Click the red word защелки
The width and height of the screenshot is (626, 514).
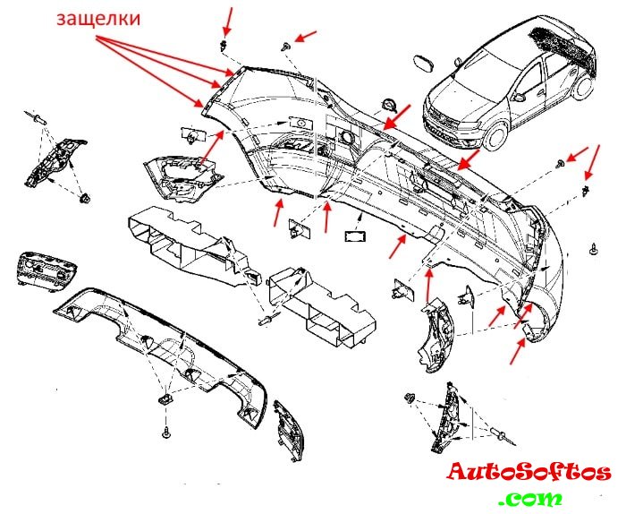[x=98, y=19]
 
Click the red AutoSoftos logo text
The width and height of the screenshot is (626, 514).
[x=529, y=472]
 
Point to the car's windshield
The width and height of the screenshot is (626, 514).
[x=475, y=78]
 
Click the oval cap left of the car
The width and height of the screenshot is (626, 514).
[x=424, y=64]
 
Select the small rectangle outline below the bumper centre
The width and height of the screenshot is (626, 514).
[x=355, y=236]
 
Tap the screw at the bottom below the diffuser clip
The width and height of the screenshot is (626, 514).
[x=166, y=432]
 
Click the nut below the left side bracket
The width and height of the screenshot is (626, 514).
[x=84, y=198]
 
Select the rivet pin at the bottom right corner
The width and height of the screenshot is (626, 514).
[x=503, y=435]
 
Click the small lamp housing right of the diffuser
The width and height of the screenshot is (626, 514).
[x=288, y=431]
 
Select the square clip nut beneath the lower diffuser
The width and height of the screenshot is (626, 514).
[x=166, y=399]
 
